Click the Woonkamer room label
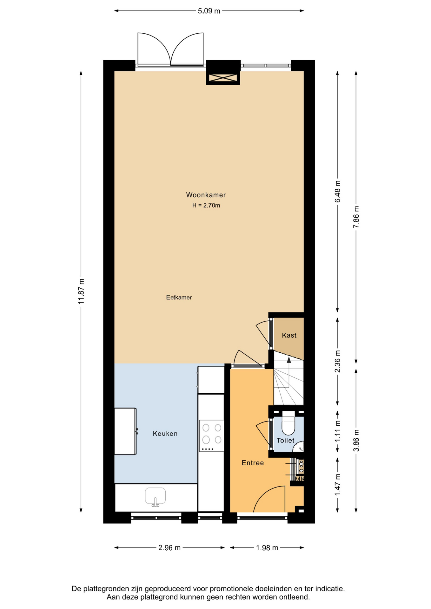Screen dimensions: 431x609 [x=206, y=195]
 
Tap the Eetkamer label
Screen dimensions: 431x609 [x=179, y=297]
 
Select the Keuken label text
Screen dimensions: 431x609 [x=165, y=434]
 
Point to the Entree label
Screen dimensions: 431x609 [x=253, y=463]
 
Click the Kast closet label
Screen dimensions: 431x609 [x=289, y=335]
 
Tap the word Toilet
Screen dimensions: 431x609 [x=286, y=440]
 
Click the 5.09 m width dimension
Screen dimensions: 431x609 [x=209, y=11]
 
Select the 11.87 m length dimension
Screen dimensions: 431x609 [x=81, y=291]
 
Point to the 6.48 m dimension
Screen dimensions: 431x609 [x=338, y=191]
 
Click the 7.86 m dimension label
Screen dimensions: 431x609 [x=356, y=217]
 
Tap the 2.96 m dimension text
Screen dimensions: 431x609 [x=169, y=548]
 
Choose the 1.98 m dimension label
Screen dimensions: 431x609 [x=267, y=548]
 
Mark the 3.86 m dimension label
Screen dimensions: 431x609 [x=356, y=441]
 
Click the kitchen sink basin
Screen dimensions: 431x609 [x=155, y=496]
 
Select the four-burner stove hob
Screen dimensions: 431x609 [x=212, y=435]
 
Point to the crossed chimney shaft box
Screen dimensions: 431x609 [x=223, y=78]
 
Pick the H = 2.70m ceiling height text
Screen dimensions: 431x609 [x=206, y=206]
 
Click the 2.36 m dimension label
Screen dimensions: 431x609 [x=338, y=361]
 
